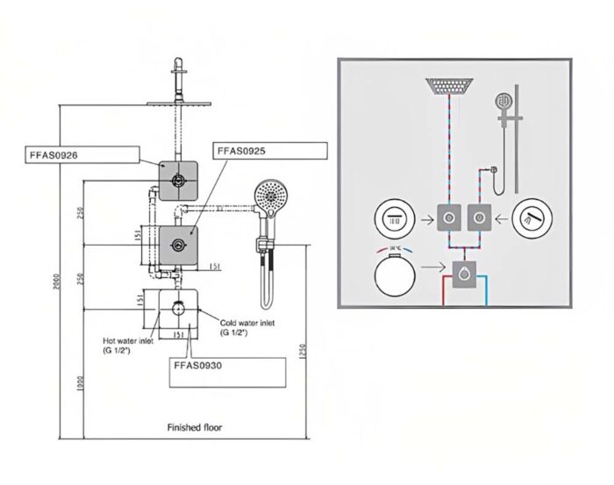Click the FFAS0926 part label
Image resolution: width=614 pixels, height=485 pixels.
tap(54, 155)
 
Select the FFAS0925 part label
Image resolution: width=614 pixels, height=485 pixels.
tap(240, 151)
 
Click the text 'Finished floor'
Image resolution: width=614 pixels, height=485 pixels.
tap(195, 428)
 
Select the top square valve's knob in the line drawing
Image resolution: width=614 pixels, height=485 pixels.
tap(179, 180)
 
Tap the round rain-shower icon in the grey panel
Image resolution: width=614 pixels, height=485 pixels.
tap(393, 218)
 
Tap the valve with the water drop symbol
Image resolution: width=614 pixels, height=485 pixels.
tap(464, 278)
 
